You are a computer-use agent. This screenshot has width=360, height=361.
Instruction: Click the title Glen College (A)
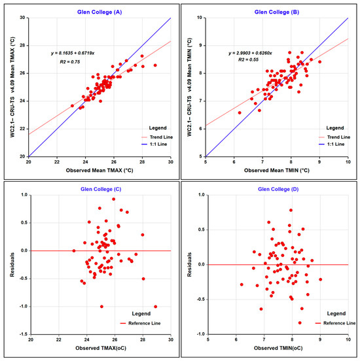tap(99, 12)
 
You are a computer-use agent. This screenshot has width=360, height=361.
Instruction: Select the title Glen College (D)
tap(278, 189)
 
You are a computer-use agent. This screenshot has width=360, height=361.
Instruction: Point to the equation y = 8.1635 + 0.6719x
tap(73, 53)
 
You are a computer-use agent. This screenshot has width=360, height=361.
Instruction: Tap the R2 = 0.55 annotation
tap(249, 60)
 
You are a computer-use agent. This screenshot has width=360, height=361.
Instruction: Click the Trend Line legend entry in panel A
tap(157, 137)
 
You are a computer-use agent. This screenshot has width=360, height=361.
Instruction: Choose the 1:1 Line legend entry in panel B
tap(332, 145)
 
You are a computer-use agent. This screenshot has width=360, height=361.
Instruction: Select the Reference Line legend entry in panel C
tap(140, 323)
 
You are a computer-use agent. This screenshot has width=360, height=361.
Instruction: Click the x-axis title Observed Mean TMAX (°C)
tap(99, 171)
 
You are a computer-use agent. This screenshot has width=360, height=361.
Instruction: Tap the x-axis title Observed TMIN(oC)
tap(278, 348)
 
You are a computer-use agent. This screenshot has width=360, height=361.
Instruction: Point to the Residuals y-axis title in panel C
tap(12, 264)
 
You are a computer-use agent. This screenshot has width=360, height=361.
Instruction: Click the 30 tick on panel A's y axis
tap(23, 18)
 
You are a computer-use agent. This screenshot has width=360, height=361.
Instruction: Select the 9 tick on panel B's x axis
tap(319, 162)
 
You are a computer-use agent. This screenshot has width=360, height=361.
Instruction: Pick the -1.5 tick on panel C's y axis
tap(24, 334)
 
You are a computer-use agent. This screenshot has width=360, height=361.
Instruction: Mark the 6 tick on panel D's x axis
tap(236, 339)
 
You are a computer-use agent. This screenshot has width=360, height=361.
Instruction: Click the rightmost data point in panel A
tap(155, 65)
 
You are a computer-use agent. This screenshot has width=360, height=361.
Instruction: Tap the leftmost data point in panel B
tap(240, 112)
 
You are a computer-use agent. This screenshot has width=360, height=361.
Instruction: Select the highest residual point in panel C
tap(114, 199)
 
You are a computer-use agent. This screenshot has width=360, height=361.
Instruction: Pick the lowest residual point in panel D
tap(300, 323)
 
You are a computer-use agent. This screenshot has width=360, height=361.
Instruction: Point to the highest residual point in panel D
tap(291, 210)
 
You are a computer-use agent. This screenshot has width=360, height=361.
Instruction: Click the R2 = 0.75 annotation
tap(70, 61)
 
